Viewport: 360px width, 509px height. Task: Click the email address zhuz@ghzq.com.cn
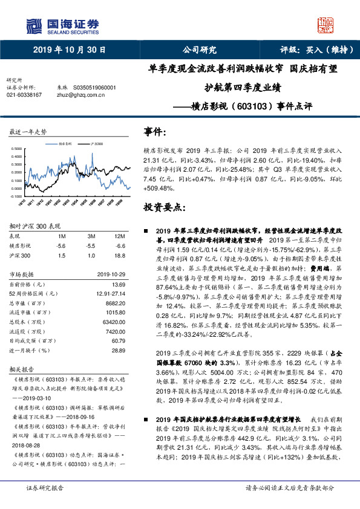click(x=77, y=95)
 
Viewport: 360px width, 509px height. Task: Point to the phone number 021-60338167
click(x=24, y=95)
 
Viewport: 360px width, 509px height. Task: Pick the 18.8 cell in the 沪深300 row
click(x=120, y=256)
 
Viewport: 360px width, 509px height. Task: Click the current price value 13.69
click(x=118, y=284)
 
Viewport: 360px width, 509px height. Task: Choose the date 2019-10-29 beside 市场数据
click(x=111, y=274)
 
